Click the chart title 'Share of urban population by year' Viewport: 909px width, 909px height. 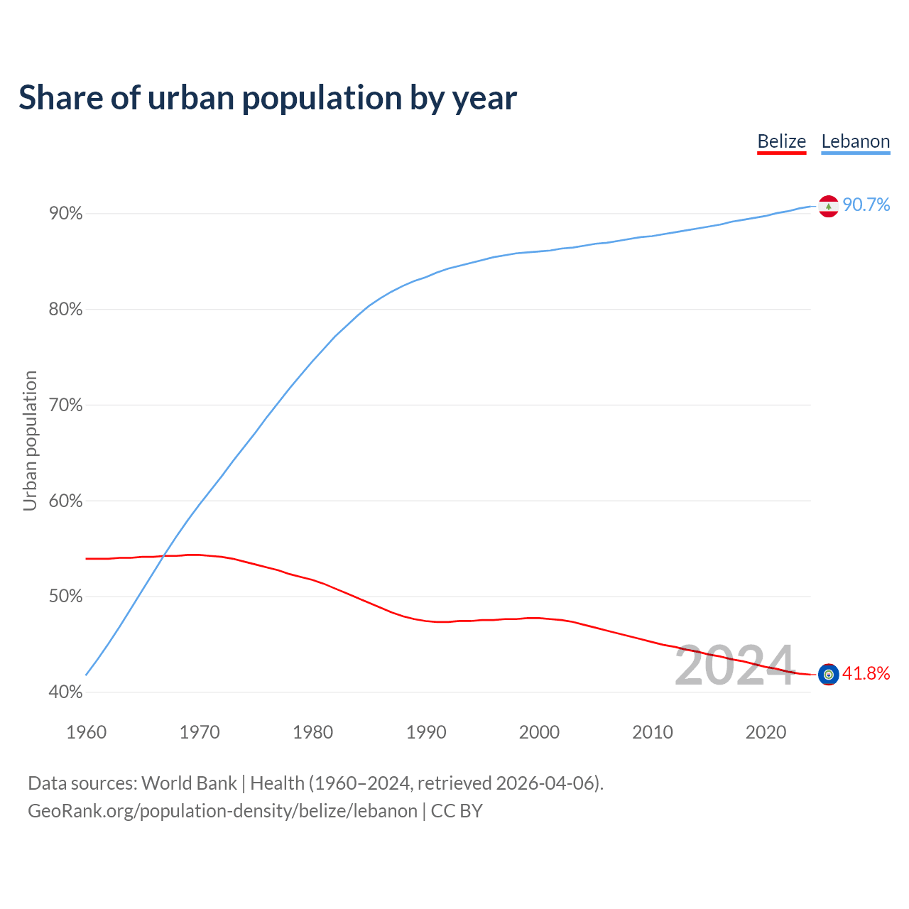coord(268,98)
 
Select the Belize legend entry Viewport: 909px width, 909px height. coord(781,141)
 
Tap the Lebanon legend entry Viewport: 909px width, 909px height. coord(855,141)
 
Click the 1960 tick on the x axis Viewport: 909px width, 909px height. coord(86,732)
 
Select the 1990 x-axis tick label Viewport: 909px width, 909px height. coord(426,732)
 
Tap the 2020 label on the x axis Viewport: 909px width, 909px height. coord(766,732)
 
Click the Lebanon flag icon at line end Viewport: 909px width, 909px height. coord(828,206)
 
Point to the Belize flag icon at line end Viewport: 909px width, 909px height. coord(828,674)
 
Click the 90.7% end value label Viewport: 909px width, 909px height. coord(866,205)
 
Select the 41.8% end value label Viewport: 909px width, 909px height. coord(866,674)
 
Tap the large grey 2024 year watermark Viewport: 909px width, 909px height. coord(734,666)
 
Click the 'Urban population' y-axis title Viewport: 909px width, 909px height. coord(30,440)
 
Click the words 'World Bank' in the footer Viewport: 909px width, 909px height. coord(189,783)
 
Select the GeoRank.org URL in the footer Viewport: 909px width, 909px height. coord(222,811)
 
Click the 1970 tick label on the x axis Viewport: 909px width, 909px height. coord(200,732)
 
